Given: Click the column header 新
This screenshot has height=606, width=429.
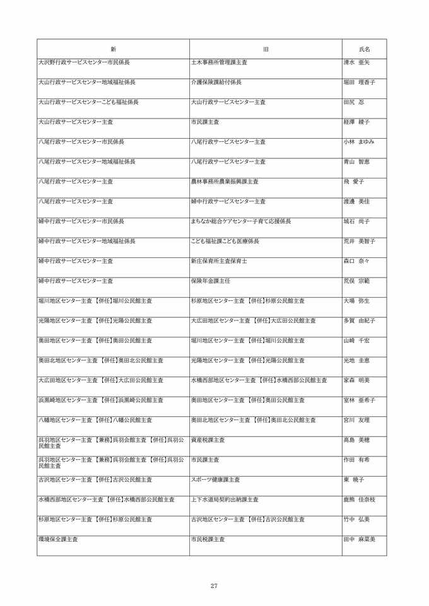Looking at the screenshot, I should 113,49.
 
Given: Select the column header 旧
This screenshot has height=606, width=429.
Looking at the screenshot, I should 266,49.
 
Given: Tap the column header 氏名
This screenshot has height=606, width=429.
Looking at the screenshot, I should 364,49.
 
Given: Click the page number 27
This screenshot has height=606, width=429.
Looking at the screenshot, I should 214,586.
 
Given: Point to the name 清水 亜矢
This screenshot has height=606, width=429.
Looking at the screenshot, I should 356,62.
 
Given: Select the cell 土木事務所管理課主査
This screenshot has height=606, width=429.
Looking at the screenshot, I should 219,62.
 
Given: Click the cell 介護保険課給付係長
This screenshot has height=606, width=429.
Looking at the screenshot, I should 216,82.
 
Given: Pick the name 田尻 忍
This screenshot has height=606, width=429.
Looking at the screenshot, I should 354,102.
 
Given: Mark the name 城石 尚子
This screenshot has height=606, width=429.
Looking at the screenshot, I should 356,221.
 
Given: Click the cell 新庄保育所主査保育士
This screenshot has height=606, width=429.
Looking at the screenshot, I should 219,261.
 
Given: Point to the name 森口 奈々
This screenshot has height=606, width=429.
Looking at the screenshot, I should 356,261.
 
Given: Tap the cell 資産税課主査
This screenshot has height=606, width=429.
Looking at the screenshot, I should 208,440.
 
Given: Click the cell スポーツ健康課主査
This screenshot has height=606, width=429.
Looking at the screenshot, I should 215,480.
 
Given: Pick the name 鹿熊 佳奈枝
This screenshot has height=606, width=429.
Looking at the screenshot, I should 359,499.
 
